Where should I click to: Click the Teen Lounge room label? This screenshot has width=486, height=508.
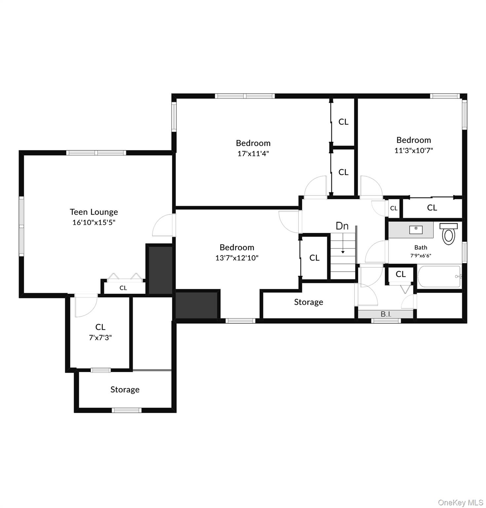94,212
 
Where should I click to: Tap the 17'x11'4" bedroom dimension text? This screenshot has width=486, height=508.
253,153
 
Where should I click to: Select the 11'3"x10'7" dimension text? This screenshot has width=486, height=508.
414,150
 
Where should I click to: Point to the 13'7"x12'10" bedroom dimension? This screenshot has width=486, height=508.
237,258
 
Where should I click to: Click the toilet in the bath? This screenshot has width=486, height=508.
449,234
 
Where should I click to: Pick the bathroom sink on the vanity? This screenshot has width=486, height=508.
416,229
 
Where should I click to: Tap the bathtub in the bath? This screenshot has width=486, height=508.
439,276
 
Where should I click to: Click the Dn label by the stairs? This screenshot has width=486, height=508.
342,226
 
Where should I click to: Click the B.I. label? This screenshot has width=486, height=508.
386,314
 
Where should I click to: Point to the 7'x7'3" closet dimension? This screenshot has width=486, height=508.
101,338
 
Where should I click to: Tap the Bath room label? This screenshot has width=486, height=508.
421,247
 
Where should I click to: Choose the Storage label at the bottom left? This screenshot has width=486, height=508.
125,389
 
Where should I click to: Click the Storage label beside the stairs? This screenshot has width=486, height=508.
308,302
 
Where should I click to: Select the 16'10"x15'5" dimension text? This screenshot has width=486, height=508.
94,222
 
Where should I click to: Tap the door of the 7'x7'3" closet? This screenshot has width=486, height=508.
86,306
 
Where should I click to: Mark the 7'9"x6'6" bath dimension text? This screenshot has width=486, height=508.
421,255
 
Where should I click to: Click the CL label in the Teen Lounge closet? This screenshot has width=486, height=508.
123,288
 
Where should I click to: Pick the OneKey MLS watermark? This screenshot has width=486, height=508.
460,503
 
